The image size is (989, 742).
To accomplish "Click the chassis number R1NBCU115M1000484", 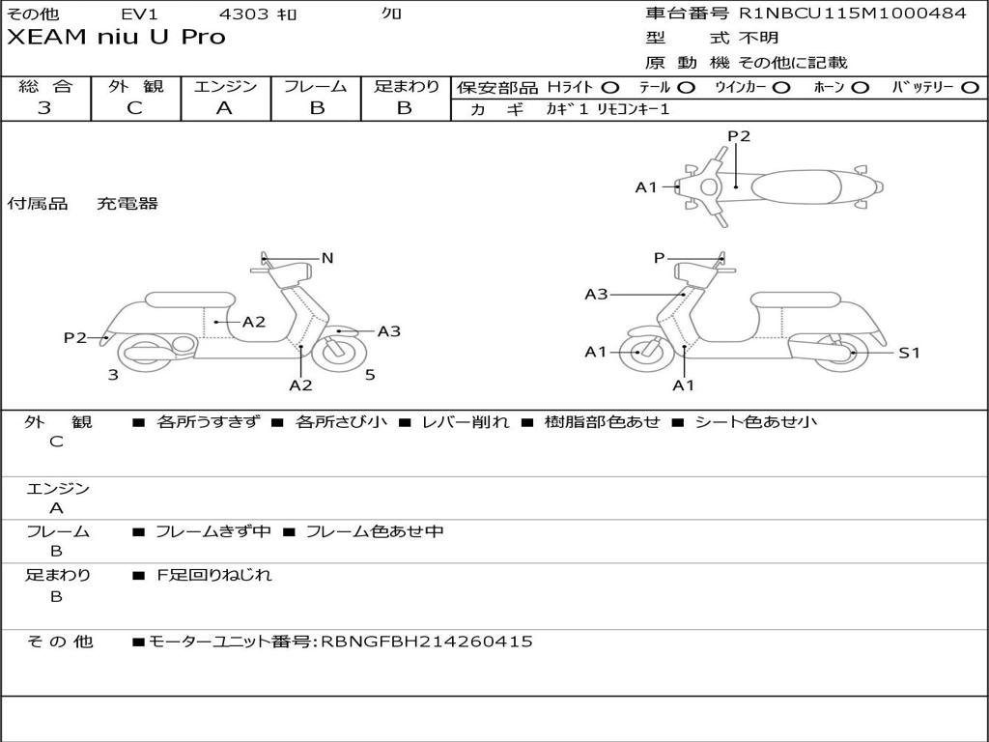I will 852,14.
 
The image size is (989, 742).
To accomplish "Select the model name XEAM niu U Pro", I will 116,38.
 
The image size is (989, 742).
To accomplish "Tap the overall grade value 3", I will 44,108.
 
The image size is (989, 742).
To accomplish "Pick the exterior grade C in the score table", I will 134,108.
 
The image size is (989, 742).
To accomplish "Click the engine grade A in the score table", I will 224,108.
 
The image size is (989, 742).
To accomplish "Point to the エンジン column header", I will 225,86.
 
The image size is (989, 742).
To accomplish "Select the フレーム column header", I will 315,86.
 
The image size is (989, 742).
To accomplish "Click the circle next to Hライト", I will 610,87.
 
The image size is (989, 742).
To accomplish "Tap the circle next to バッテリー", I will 969,87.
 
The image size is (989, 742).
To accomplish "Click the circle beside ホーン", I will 860,87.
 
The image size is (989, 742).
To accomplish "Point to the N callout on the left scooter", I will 327,258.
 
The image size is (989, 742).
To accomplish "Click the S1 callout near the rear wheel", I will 909,353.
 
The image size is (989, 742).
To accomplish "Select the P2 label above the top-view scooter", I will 739,136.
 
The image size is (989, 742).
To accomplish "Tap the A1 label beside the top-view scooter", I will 646,187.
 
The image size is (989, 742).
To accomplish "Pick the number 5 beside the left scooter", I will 370,375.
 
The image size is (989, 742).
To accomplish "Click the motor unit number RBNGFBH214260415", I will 426,642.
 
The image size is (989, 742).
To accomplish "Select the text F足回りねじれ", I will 214,575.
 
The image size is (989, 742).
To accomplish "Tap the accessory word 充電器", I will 127,204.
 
